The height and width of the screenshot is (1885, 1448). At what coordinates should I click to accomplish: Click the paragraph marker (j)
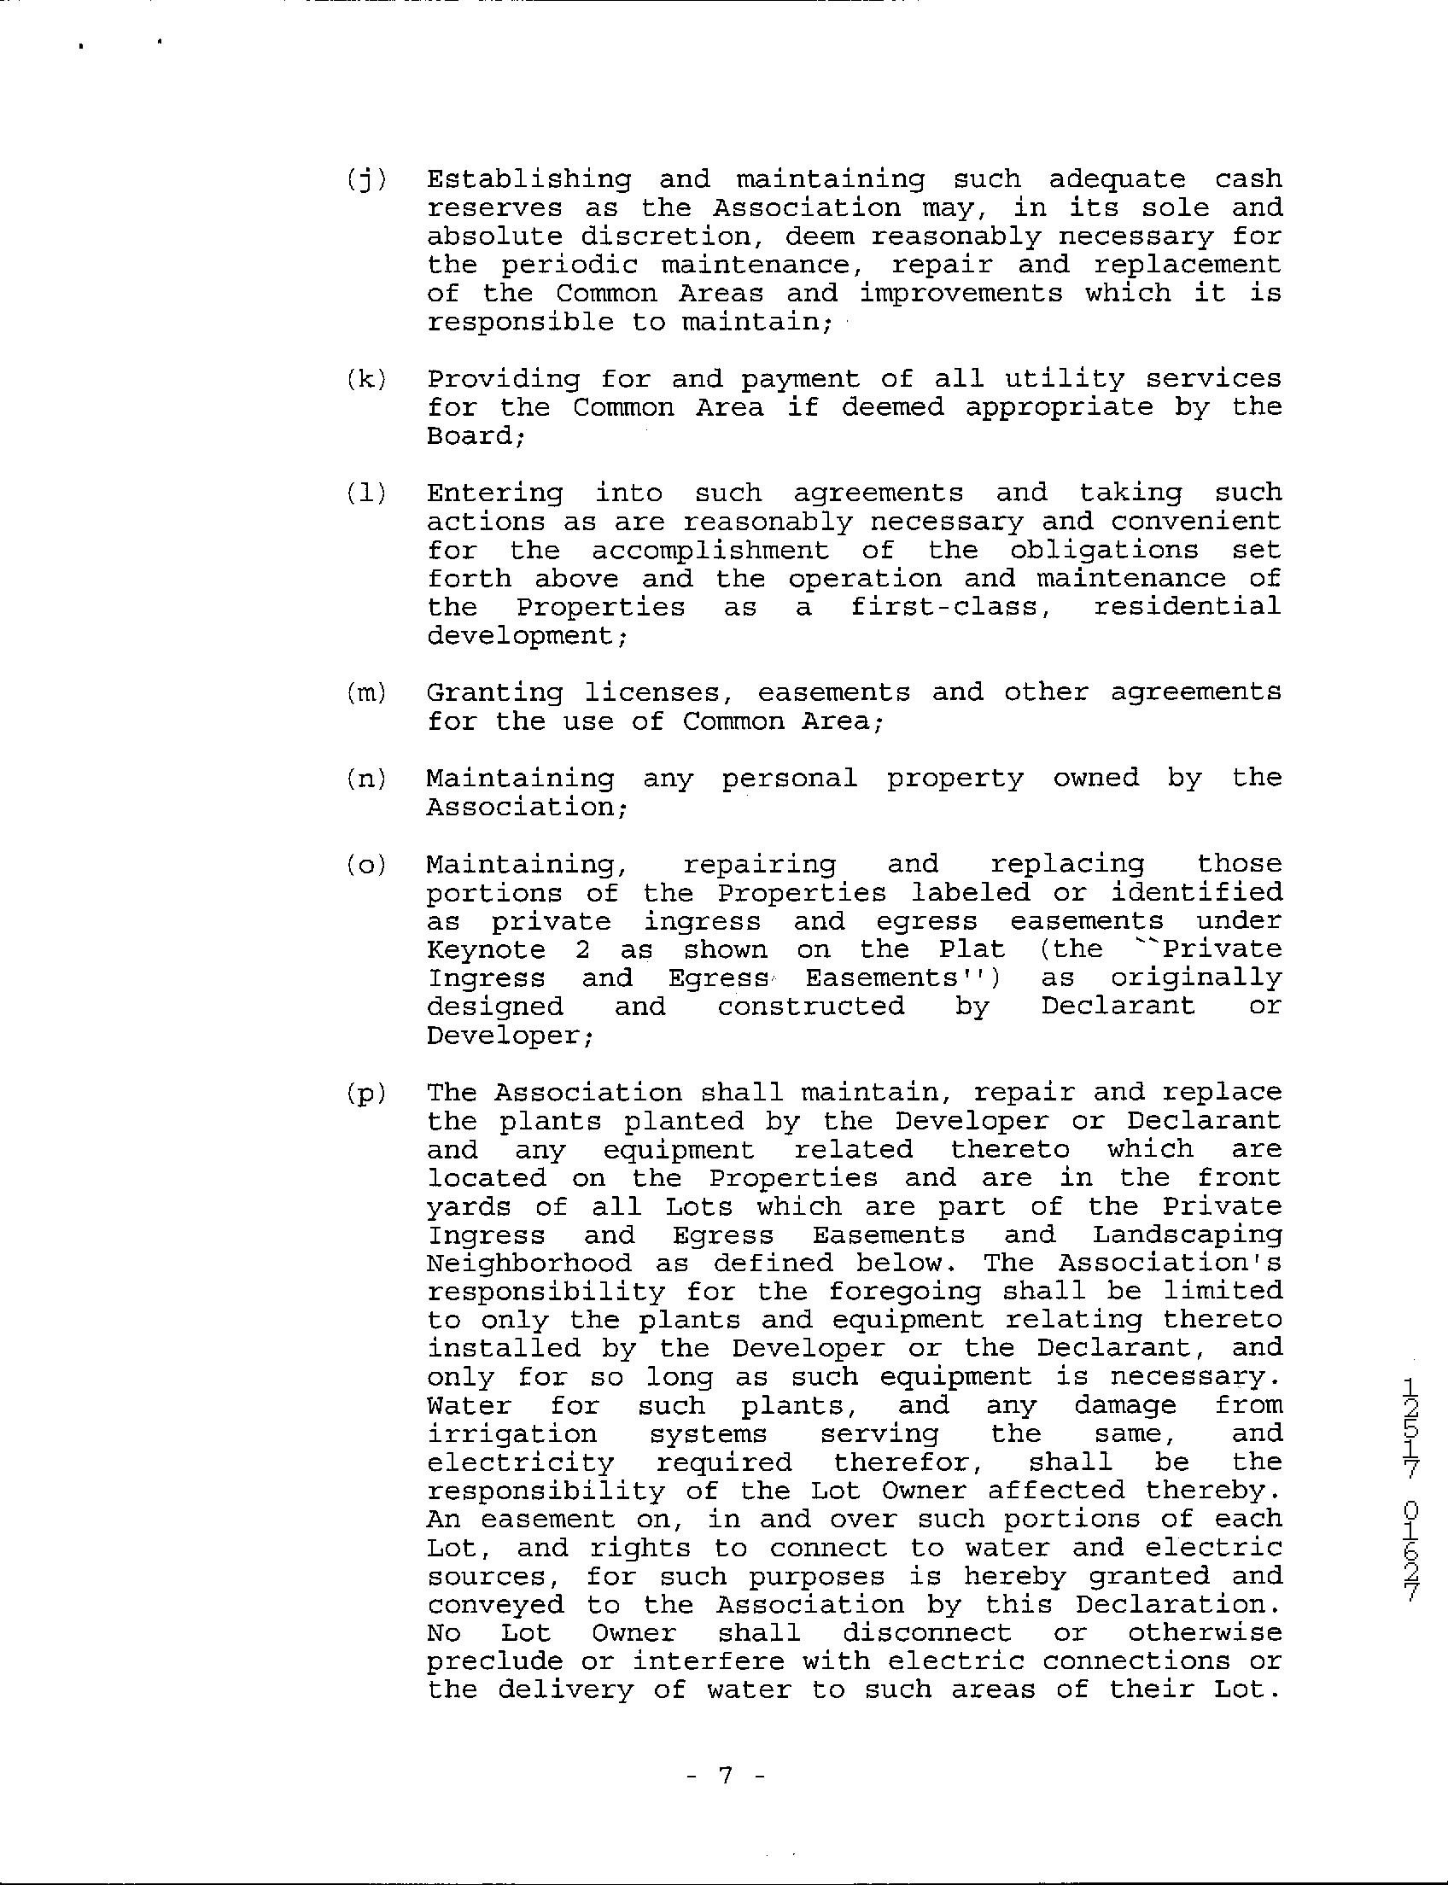366,180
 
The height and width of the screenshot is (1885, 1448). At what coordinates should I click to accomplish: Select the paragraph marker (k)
366,380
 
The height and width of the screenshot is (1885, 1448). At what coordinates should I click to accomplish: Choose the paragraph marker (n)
366,779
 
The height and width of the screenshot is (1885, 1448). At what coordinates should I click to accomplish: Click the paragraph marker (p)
366,1094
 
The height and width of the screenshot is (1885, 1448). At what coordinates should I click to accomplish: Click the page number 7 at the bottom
724,1775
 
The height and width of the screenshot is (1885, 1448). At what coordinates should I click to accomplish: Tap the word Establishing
528,179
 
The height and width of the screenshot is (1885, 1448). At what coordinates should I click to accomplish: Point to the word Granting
493,693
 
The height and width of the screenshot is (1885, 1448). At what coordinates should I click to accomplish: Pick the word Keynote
486,950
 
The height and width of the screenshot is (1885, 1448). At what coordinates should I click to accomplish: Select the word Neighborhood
529,1263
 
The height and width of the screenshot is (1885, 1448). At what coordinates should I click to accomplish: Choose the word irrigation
512,1434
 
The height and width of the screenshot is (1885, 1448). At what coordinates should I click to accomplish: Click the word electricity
520,1463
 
